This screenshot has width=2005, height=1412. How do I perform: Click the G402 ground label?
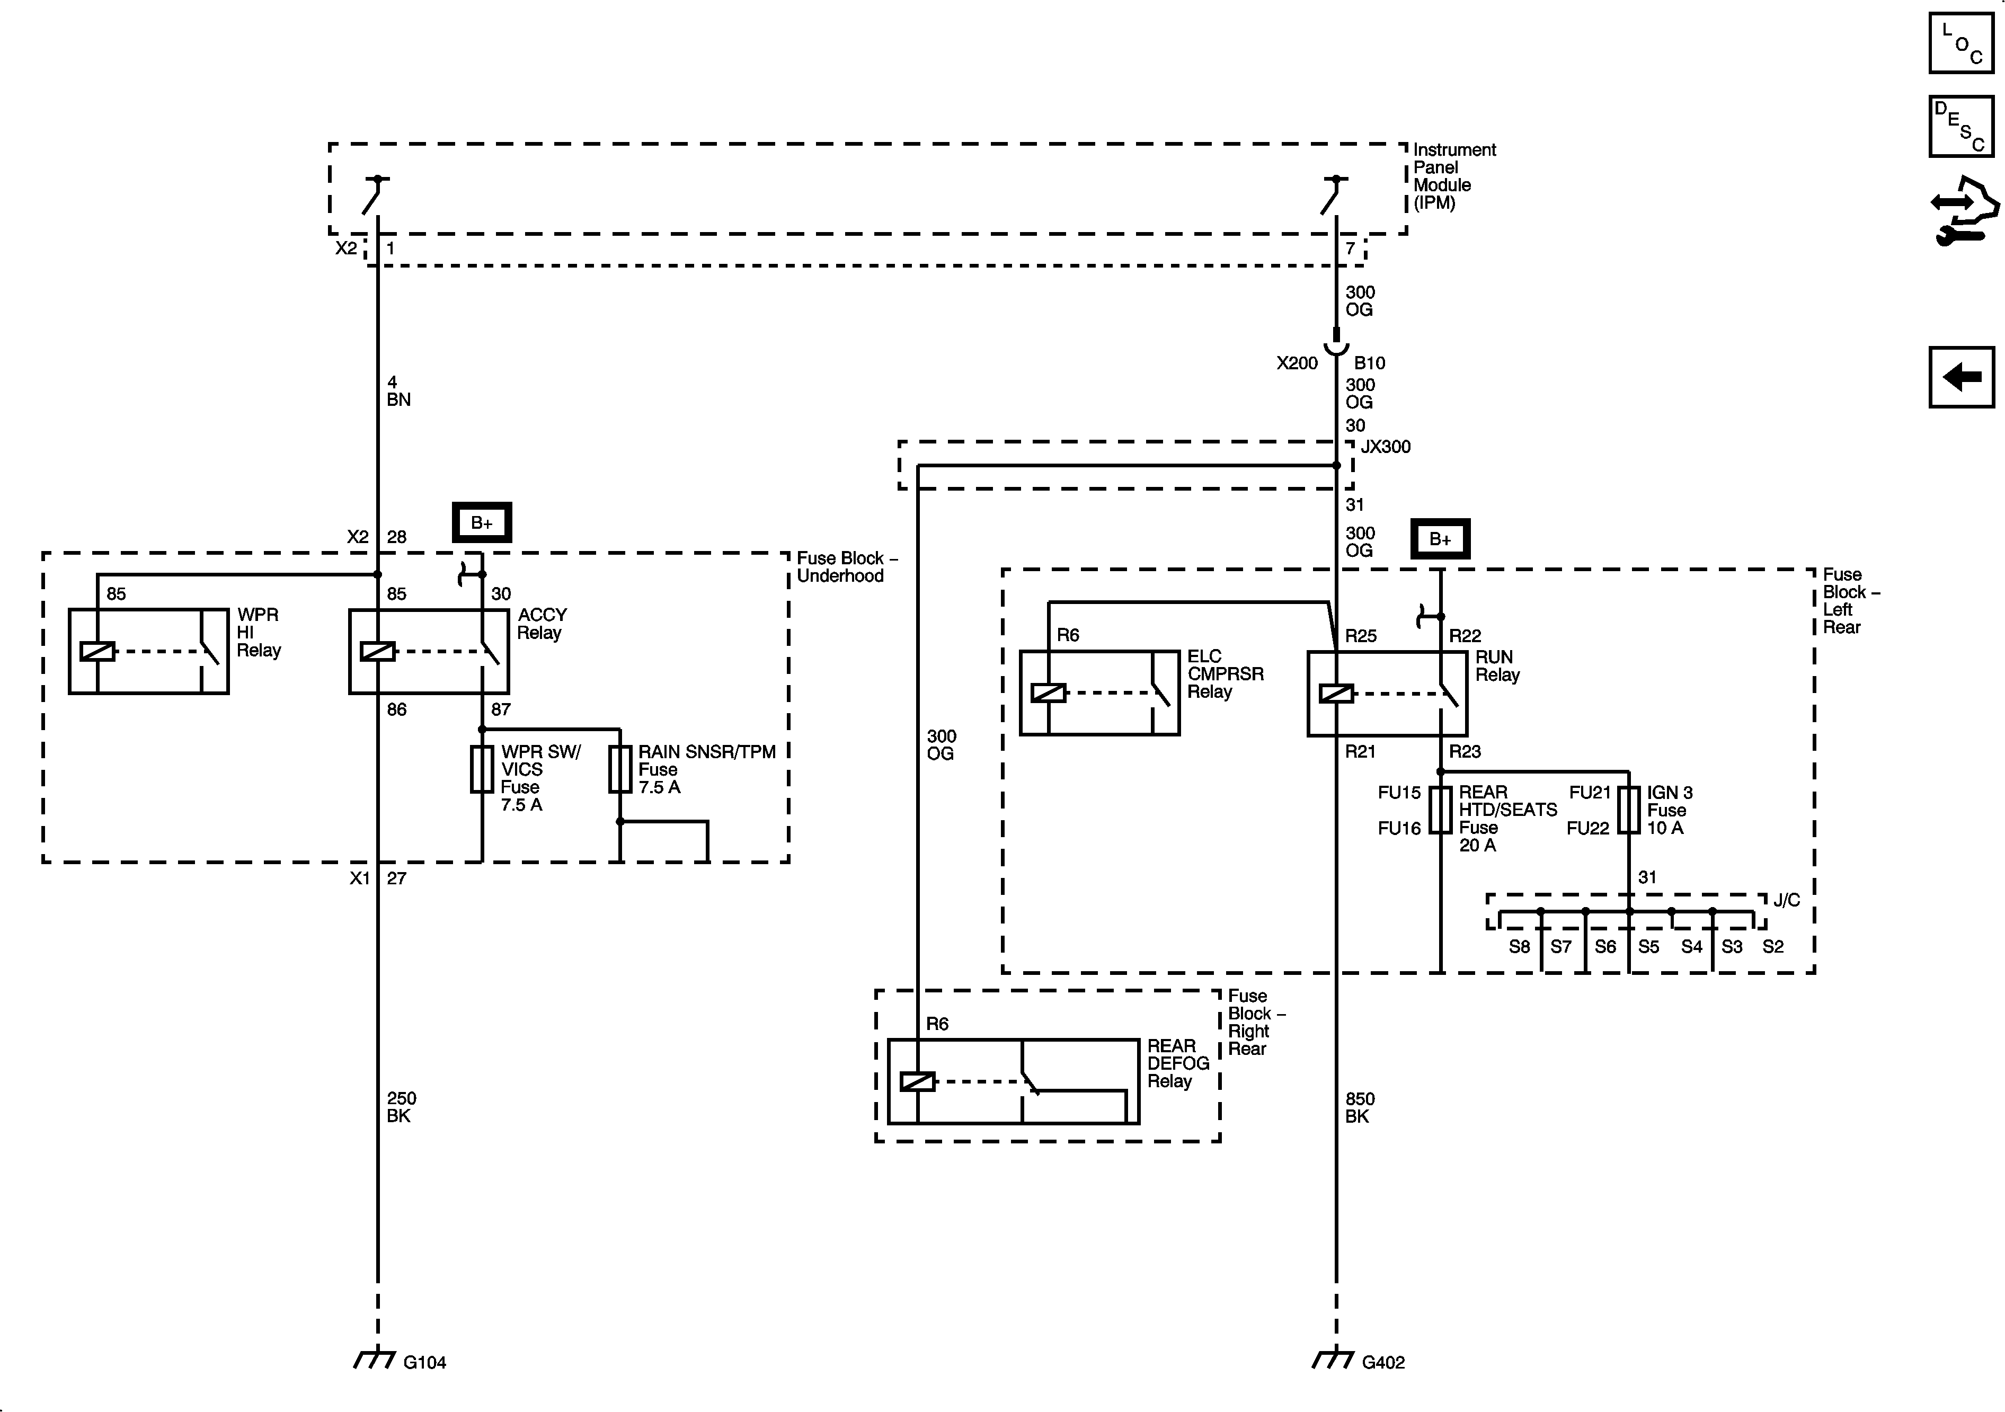tap(1383, 1362)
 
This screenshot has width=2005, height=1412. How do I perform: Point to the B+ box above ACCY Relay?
tap(481, 523)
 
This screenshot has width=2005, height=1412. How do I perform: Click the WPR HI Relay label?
tap(259, 632)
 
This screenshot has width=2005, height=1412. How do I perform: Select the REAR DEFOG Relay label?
tap(1177, 1063)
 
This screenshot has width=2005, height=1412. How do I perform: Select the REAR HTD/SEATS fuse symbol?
tap(1440, 810)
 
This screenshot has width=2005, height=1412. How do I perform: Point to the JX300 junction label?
tap(1386, 447)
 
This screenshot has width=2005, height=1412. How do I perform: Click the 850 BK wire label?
tap(1359, 1107)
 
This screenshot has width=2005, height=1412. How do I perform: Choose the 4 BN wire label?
tap(398, 391)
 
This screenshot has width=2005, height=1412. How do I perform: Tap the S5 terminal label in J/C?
tap(1648, 947)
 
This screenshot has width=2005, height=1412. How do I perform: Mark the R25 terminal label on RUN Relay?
tap(1360, 636)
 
